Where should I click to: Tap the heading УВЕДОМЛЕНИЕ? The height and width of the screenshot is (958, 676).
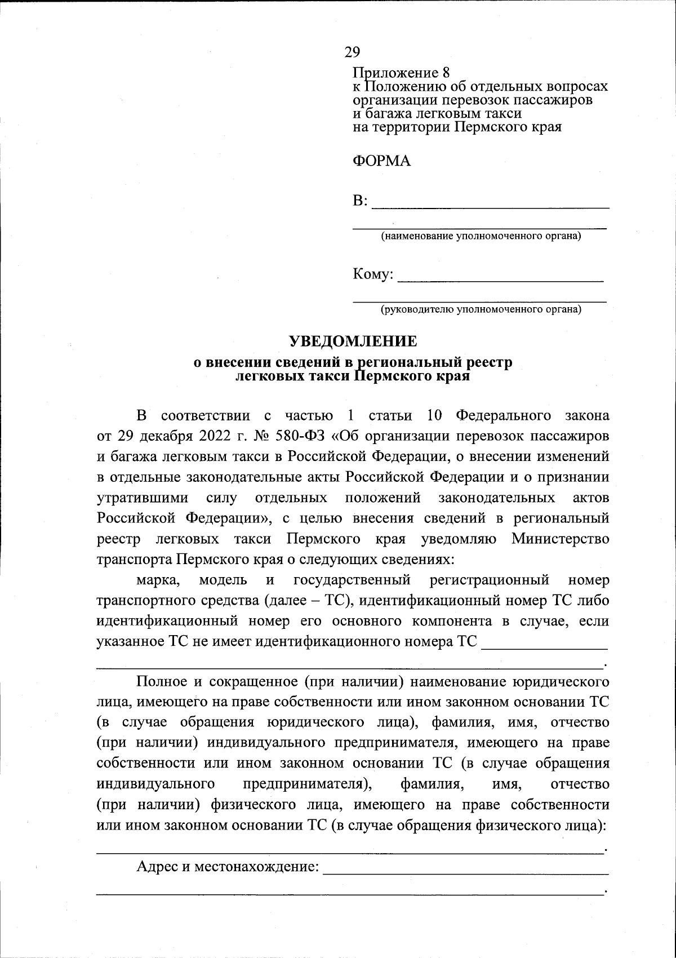click(x=353, y=341)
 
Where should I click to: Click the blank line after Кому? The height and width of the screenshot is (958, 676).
click(x=500, y=276)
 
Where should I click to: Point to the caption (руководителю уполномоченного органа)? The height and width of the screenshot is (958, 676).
click(x=481, y=309)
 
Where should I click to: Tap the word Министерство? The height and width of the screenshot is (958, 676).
click(x=561, y=539)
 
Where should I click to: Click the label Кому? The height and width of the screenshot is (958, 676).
click(x=372, y=275)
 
